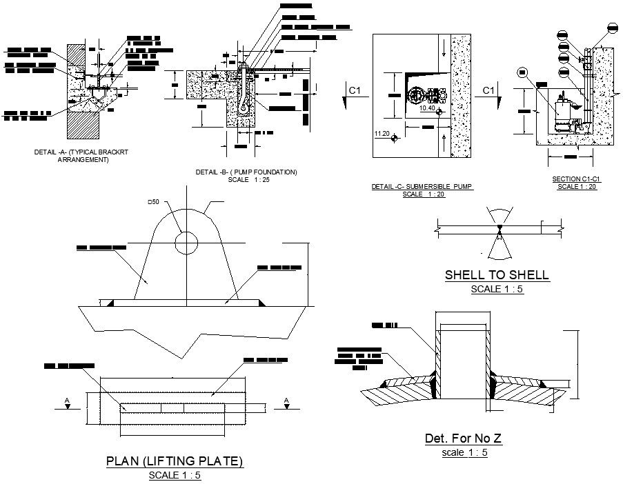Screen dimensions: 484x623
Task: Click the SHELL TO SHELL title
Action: pyautogui.click(x=497, y=275)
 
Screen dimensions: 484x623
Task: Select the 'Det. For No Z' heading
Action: pyautogui.click(x=463, y=438)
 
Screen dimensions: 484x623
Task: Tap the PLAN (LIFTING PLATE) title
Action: pyautogui.click(x=175, y=461)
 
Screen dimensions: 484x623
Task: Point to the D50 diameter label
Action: pyautogui.click(x=152, y=202)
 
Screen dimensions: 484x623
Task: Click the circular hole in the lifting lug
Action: pyautogui.click(x=186, y=243)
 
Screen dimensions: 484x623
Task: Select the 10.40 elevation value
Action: pyautogui.click(x=428, y=108)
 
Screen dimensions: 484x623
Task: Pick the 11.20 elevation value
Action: pyautogui.click(x=381, y=133)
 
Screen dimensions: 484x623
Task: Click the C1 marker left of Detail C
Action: pyautogui.click(x=355, y=90)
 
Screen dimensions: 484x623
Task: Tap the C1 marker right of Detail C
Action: pyautogui.click(x=488, y=90)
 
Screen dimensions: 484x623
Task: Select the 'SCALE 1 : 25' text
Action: pyautogui.click(x=246, y=180)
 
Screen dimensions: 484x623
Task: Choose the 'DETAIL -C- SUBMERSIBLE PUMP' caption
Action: pyautogui.click(x=423, y=187)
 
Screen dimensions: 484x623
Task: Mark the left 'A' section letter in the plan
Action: pyautogui.click(x=66, y=400)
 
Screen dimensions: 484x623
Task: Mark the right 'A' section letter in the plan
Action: pyautogui.click(x=286, y=400)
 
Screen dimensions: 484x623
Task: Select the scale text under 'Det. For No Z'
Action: pyautogui.click(x=464, y=453)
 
